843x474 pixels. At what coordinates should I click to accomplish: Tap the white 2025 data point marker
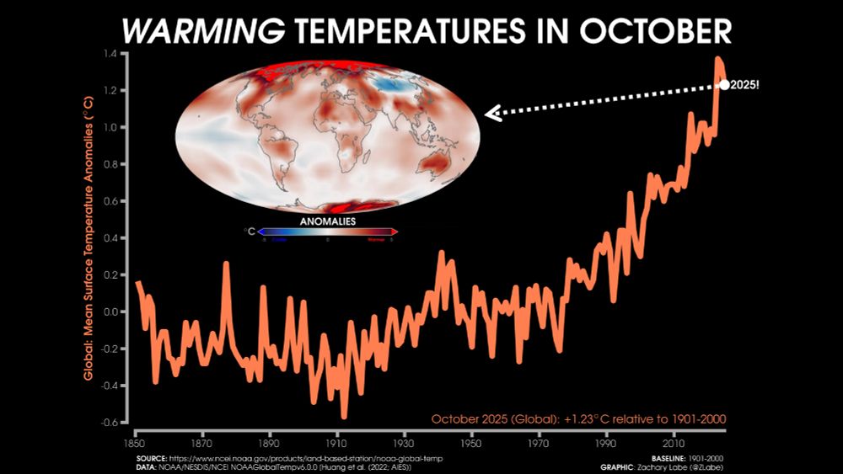[x=724, y=84]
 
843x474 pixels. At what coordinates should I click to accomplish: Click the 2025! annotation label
[x=746, y=85]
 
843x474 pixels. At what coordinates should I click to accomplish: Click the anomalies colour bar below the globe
[x=328, y=232]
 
